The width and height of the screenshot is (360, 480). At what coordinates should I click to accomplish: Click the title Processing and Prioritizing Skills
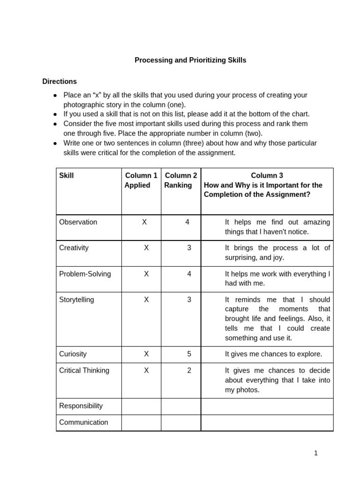[190, 60]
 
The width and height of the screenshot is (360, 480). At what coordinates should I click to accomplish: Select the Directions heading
[60, 81]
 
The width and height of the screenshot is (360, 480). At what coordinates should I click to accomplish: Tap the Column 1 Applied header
[141, 180]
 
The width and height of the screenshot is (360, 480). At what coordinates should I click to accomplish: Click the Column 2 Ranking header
[181, 180]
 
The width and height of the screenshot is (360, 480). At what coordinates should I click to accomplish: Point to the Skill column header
[67, 175]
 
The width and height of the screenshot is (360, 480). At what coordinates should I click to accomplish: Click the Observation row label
[78, 222]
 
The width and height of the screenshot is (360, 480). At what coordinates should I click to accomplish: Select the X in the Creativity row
[146, 248]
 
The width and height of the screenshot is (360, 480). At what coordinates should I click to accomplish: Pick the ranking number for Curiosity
[189, 354]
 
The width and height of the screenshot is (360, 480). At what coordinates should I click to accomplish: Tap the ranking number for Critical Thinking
[189, 370]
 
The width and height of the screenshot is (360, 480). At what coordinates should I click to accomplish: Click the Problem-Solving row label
[85, 274]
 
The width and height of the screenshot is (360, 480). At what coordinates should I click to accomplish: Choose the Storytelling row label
[76, 300]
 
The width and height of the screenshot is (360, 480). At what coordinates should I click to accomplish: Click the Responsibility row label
[81, 406]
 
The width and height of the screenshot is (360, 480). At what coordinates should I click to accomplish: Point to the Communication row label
[83, 422]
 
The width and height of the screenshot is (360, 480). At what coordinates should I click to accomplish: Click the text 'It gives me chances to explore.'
[273, 354]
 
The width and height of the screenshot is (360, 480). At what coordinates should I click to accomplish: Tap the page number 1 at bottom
[316, 453]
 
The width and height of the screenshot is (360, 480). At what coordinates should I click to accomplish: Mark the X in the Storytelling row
[146, 300]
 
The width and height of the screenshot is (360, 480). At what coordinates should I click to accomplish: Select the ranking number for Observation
[187, 222]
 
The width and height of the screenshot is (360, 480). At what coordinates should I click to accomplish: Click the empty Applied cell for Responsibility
[141, 406]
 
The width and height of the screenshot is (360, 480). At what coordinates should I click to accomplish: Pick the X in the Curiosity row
[146, 354]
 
